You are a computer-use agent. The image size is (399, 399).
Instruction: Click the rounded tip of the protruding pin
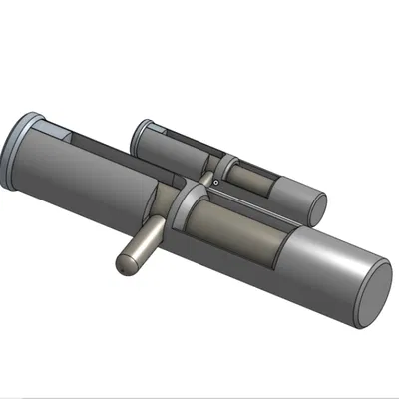126,265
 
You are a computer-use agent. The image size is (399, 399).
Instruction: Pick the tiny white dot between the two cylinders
215,183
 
